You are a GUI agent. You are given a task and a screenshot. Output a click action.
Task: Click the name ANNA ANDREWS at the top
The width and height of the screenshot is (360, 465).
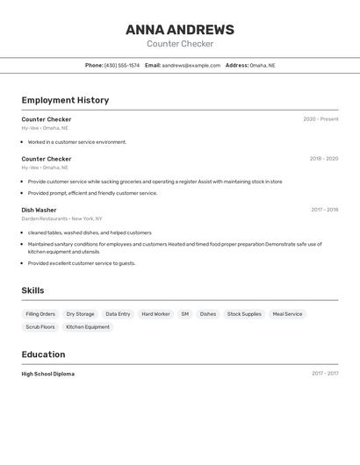click(180, 29)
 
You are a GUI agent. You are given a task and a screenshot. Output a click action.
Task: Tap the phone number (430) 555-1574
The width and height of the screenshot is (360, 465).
click(122, 65)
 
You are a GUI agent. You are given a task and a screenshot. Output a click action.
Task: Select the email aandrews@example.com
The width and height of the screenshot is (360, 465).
click(191, 65)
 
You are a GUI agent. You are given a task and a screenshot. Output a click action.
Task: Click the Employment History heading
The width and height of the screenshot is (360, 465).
click(65, 100)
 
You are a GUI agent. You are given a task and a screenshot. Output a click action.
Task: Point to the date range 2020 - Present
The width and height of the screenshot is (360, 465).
click(320, 119)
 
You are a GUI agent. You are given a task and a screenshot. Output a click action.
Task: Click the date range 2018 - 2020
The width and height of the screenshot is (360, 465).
click(324, 159)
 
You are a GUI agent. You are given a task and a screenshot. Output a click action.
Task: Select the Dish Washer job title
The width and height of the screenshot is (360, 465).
click(39, 211)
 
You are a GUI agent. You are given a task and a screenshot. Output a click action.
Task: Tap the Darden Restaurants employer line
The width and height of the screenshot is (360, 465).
click(61, 218)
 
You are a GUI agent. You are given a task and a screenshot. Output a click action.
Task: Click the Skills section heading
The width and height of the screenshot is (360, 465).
click(32, 290)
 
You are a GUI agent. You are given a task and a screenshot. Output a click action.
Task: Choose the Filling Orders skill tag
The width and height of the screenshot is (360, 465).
click(40, 314)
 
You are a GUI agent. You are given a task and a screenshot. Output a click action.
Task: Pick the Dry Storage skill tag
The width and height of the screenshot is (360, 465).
click(80, 314)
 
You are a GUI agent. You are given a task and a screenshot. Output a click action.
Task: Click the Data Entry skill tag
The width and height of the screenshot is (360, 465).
click(118, 314)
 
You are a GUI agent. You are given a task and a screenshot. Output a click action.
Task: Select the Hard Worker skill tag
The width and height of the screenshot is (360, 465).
click(155, 314)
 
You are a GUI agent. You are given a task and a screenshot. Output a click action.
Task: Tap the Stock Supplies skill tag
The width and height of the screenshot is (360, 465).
click(244, 314)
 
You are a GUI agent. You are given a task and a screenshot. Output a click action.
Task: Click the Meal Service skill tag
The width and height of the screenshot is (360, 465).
click(287, 314)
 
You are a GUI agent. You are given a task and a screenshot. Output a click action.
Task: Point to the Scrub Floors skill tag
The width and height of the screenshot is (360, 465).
click(40, 327)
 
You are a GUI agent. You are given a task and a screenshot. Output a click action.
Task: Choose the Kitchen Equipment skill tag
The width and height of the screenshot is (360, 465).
click(88, 327)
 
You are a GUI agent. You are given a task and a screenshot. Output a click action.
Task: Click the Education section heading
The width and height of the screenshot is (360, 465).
click(43, 354)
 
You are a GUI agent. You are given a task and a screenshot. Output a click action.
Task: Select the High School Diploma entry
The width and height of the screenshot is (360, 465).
click(48, 374)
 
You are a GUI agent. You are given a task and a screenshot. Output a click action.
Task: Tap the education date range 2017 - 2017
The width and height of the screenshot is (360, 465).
click(325, 374)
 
